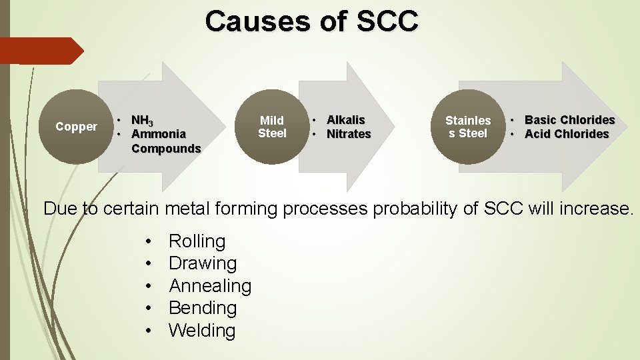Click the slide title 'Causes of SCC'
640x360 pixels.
pyautogui.click(x=312, y=21)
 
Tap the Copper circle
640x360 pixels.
pyautogui.click(x=76, y=127)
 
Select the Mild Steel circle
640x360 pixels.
pyautogui.click(x=272, y=127)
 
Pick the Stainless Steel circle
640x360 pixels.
pyautogui.click(x=468, y=127)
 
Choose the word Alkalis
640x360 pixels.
pyautogui.click(x=345, y=120)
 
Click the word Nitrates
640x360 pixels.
pyautogui.click(x=348, y=134)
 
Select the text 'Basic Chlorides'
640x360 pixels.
pyautogui.click(x=569, y=120)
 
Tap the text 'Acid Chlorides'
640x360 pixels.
pyautogui.click(x=567, y=134)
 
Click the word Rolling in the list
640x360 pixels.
pyautogui.click(x=197, y=241)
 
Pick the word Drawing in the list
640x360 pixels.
pyautogui.click(x=203, y=263)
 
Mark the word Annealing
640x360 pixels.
pyautogui.click(x=210, y=286)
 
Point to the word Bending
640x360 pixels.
pyautogui.click(x=203, y=308)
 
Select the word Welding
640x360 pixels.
pyautogui.click(x=202, y=331)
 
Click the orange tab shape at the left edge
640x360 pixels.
pyautogui.click(x=40, y=51)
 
